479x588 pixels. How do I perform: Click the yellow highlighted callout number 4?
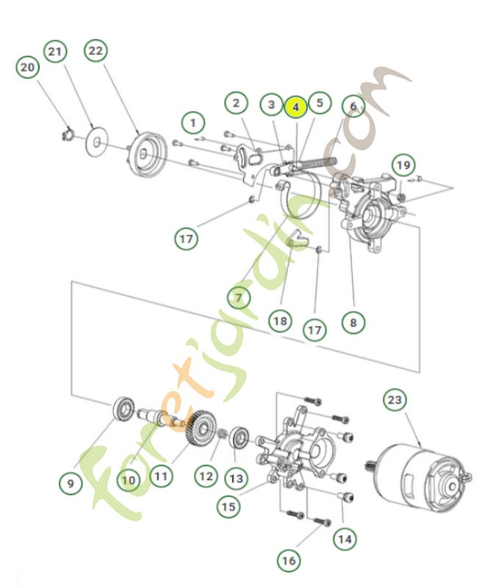click(x=295, y=107)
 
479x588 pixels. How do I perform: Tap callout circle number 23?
click(x=395, y=401)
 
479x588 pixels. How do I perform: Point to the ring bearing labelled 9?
click(x=123, y=408)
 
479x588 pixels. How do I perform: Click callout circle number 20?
click(x=27, y=68)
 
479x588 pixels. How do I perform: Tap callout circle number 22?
click(x=96, y=51)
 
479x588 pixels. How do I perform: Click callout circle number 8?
click(x=353, y=321)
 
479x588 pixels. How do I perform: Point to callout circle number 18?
click(x=280, y=321)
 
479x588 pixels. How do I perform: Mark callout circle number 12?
click(x=206, y=476)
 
